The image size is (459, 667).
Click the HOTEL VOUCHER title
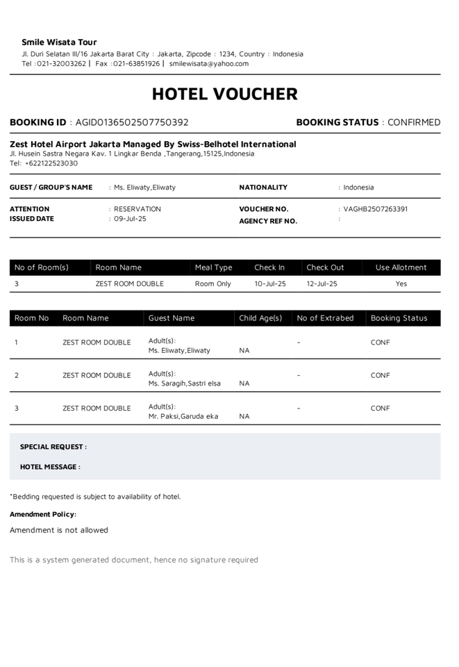pyautogui.click(x=224, y=94)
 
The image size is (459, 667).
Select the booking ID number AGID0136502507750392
pyautogui.click(x=132, y=122)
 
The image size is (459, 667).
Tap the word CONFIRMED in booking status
pyautogui.click(x=414, y=122)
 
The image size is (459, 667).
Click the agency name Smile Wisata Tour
pyautogui.click(x=59, y=42)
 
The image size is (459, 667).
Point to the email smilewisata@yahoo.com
pyautogui.click(x=208, y=64)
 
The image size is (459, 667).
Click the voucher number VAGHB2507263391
pyautogui.click(x=375, y=209)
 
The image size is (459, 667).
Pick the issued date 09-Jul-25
pyautogui.click(x=130, y=219)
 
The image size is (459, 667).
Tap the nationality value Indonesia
pyautogui.click(x=358, y=188)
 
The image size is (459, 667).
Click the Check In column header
pyautogui.click(x=269, y=267)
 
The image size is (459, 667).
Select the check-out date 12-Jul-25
pyautogui.click(x=322, y=283)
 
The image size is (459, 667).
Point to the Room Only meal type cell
pyautogui.click(x=212, y=283)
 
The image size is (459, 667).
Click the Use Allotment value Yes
pyautogui.click(x=401, y=283)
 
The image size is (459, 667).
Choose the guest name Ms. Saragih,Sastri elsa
pyautogui.click(x=184, y=384)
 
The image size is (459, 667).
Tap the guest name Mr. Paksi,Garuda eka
pyautogui.click(x=183, y=416)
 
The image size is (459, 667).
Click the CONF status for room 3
pyautogui.click(x=380, y=409)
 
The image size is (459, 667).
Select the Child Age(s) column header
pyautogui.click(x=260, y=318)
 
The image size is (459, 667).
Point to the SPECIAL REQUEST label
pyautogui.click(x=53, y=447)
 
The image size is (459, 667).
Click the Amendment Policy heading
pyautogui.click(x=42, y=514)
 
